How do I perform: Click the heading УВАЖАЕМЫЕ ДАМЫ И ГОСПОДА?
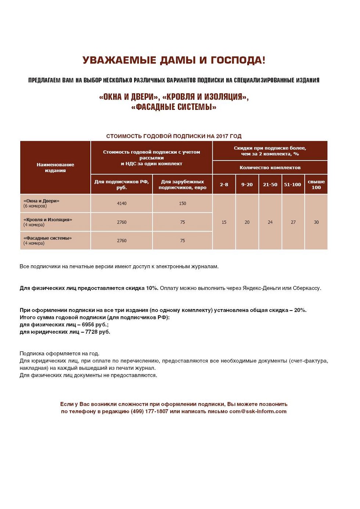coord(174,60)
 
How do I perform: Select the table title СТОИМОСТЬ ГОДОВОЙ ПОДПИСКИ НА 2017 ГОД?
coord(174,136)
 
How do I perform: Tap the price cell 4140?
coord(122,204)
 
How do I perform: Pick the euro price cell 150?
coord(183,204)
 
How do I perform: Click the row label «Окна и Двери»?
coord(41,201)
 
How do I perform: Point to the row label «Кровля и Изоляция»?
coord(48,220)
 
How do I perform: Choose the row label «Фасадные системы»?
coord(48,238)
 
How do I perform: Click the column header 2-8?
coord(224,184)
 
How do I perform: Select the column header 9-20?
coord(247,184)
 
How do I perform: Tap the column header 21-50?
coord(270,184)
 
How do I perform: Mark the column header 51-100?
coord(292,184)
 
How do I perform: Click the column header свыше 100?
coord(316,184)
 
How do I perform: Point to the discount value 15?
coord(224,222)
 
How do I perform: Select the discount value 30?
coord(316,222)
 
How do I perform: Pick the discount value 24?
coord(270,222)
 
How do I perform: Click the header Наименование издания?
coord(55,168)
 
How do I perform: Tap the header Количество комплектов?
coord(270,168)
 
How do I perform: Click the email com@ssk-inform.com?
coord(258,411)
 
